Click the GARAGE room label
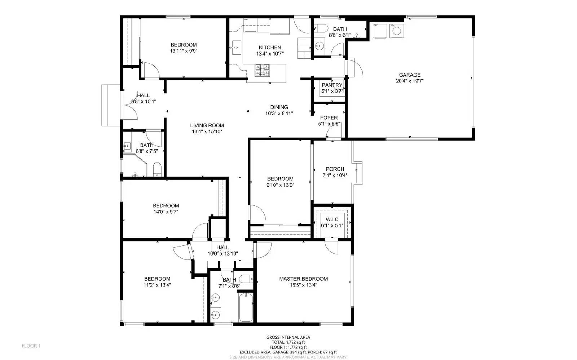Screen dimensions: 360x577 pos(409,75)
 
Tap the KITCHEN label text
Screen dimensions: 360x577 pos(270,48)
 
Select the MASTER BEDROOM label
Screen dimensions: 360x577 pos(303,279)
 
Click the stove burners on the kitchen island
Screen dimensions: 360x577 pos(263,70)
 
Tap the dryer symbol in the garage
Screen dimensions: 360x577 pos(378,31)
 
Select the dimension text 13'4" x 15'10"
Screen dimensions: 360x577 pos(207,132)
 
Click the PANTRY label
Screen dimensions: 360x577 pos(332,85)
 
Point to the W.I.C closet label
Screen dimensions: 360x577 pos(332,219)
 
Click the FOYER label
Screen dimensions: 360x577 pos(329,118)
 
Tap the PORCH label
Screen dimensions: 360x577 pos(335,169)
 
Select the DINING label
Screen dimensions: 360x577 pos(279,107)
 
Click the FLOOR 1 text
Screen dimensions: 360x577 pos(31,346)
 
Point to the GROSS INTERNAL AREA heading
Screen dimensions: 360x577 pos(288,337)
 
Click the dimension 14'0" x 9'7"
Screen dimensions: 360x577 pos(166,212)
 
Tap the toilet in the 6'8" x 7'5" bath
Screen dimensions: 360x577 pos(157,169)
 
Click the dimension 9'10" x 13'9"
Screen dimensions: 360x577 pos(280,185)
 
